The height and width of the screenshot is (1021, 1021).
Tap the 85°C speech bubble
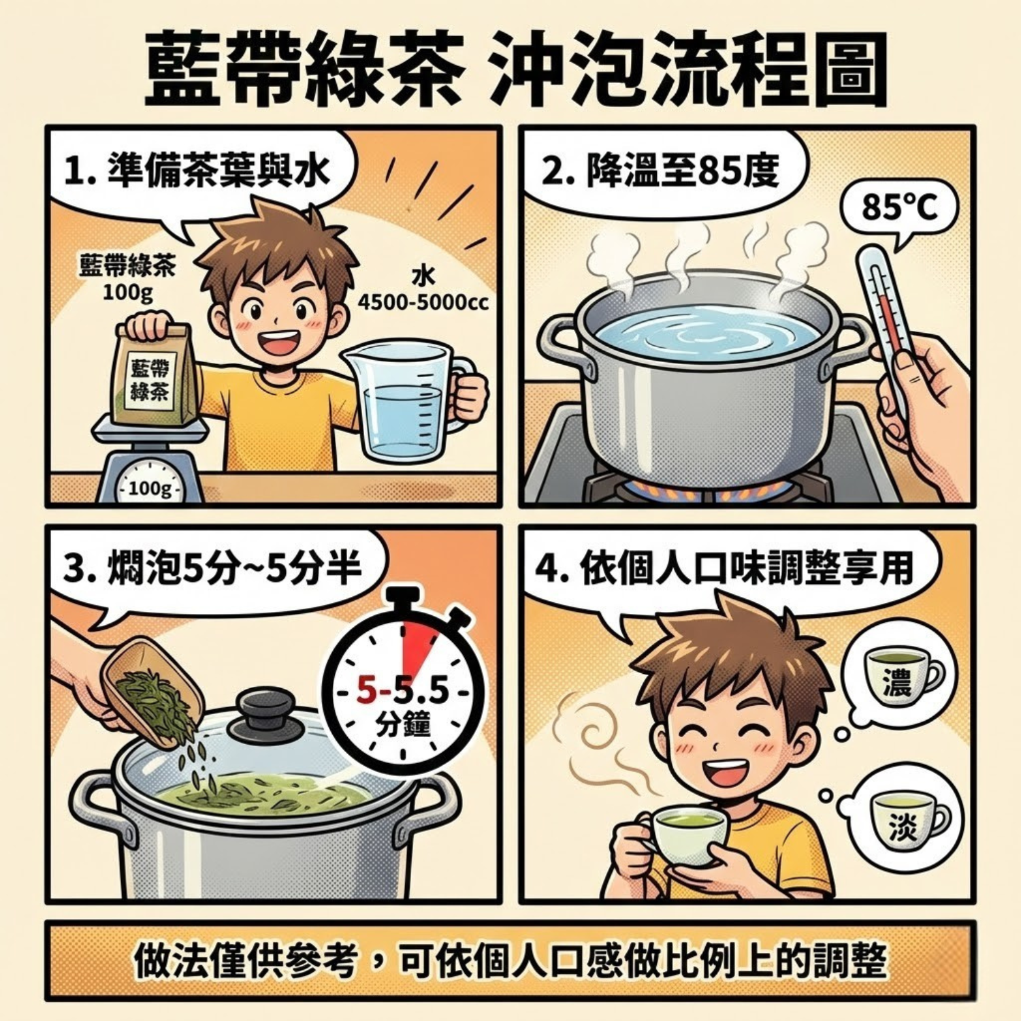[899, 208]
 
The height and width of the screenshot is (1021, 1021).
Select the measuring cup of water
[402, 402]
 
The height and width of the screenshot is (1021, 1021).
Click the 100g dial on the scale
[148, 487]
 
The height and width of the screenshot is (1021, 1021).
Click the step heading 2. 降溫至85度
[660, 170]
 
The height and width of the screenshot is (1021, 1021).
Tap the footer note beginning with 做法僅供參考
[510, 960]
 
